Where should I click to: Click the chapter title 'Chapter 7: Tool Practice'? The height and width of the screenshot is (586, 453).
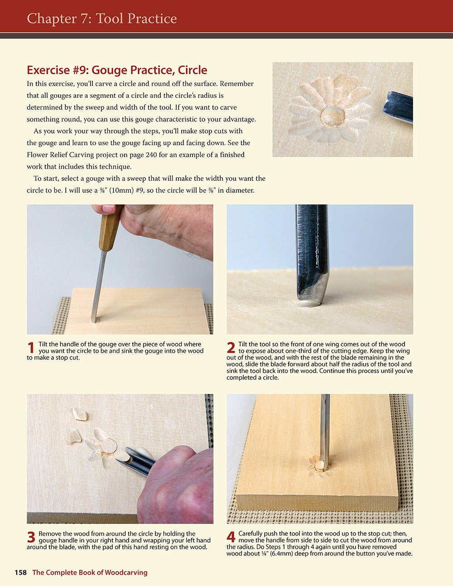101,19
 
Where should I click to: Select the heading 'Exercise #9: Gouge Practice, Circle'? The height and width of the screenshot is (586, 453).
117,70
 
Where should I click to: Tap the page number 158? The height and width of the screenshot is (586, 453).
21,572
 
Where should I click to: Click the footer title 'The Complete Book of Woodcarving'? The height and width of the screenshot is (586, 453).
90,572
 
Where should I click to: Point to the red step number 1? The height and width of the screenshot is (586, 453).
31,348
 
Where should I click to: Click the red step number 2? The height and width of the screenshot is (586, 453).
231,348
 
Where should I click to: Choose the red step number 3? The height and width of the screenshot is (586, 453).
31,537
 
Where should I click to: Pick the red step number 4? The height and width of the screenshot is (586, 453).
231,537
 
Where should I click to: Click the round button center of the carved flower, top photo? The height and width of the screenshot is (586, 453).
333,116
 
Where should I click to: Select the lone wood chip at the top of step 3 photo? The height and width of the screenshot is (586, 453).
80,413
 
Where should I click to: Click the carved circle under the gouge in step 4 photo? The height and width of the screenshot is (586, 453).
321,465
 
